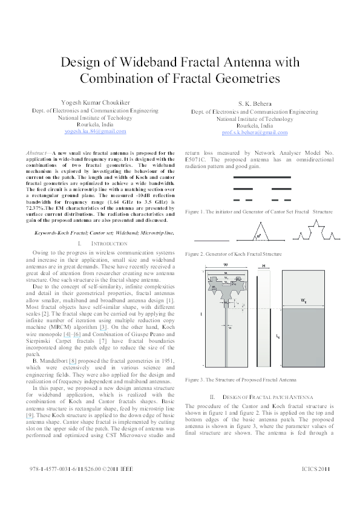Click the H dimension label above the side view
[x=264, y=266]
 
